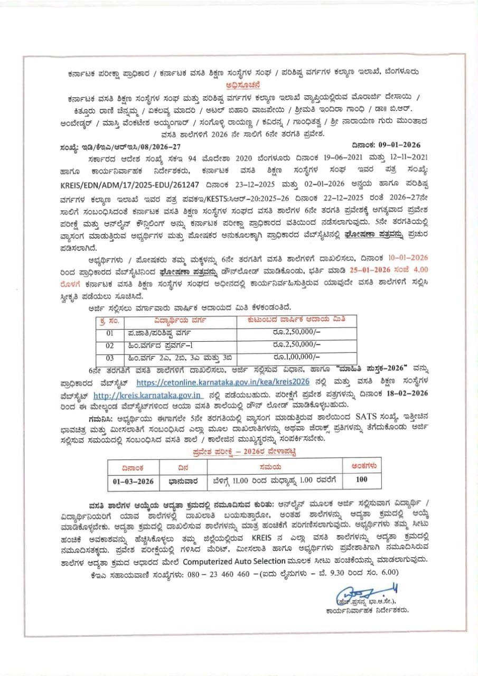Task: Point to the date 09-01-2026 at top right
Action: click(384, 144)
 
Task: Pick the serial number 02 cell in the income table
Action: click(110, 345)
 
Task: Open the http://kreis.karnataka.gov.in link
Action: click(148, 395)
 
